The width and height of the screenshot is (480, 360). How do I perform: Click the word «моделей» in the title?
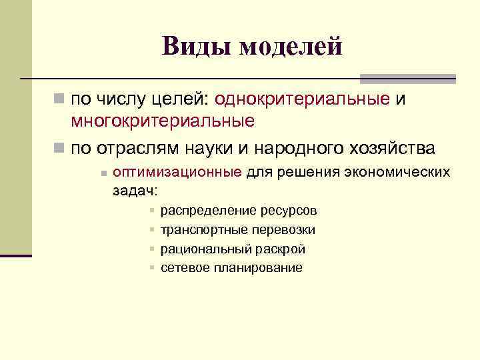coord(291,46)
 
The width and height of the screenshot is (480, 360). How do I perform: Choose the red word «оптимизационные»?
coord(177,173)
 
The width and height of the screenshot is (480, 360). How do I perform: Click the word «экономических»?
coord(397,173)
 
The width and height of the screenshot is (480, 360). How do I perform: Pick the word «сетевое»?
coord(185,268)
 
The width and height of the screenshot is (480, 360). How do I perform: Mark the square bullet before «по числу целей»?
coord(59,99)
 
